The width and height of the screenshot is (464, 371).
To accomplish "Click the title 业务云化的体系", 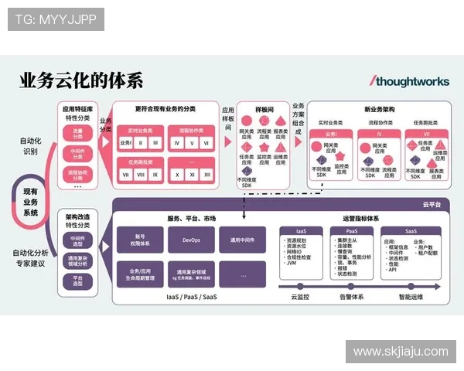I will [81, 80].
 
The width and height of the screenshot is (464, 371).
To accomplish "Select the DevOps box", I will [192, 240].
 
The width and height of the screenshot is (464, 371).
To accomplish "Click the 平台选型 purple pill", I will [77, 281].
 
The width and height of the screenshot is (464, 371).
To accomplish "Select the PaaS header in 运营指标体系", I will [351, 231].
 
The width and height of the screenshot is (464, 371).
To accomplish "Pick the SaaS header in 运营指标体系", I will [411, 231].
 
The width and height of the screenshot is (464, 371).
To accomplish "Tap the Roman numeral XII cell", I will [206, 175].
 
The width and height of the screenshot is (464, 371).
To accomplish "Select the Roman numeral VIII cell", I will [140, 175].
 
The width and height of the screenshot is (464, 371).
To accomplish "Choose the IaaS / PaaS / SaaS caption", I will [192, 297].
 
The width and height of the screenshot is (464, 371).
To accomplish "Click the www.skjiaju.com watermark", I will [401, 352].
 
